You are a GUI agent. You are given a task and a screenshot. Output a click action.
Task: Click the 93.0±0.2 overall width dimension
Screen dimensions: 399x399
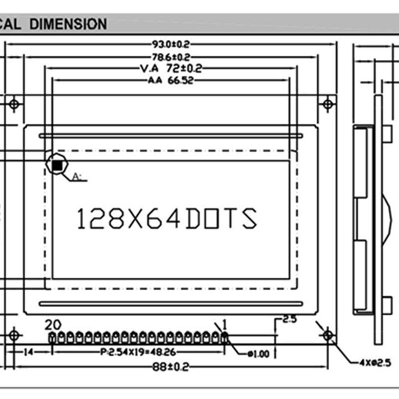tap(172, 44)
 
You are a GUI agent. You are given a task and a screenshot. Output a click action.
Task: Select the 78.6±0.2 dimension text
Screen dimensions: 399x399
tap(172, 57)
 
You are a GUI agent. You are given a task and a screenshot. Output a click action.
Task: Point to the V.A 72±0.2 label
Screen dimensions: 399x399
tap(171, 68)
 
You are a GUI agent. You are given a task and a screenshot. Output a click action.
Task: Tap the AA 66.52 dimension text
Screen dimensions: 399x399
tap(171, 80)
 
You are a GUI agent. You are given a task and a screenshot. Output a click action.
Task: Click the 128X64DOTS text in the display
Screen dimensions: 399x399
tap(167, 218)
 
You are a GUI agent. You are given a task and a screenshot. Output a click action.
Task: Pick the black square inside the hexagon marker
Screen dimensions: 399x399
tap(57, 163)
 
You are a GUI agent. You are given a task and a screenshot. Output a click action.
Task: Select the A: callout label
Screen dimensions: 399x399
tap(77, 176)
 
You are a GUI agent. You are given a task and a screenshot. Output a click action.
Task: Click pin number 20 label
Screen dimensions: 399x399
tap(53, 325)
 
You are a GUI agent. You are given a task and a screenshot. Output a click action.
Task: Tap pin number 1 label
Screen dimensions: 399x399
tap(224, 325)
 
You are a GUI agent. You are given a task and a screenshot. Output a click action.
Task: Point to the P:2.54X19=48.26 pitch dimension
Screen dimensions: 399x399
tap(138, 352)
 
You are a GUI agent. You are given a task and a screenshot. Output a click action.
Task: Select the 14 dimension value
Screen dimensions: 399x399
tap(28, 352)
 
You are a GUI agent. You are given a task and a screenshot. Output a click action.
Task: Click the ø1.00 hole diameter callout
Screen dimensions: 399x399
tap(258, 354)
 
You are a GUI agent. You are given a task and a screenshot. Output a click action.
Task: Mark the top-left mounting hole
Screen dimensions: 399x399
tap(14, 104)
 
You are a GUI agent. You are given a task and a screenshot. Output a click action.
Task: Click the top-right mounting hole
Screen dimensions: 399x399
tap(328, 104)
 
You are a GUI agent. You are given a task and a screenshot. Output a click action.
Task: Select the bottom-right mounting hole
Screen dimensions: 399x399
tap(328, 335)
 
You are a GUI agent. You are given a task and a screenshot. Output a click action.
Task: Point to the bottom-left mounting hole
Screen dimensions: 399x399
tap(14, 335)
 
